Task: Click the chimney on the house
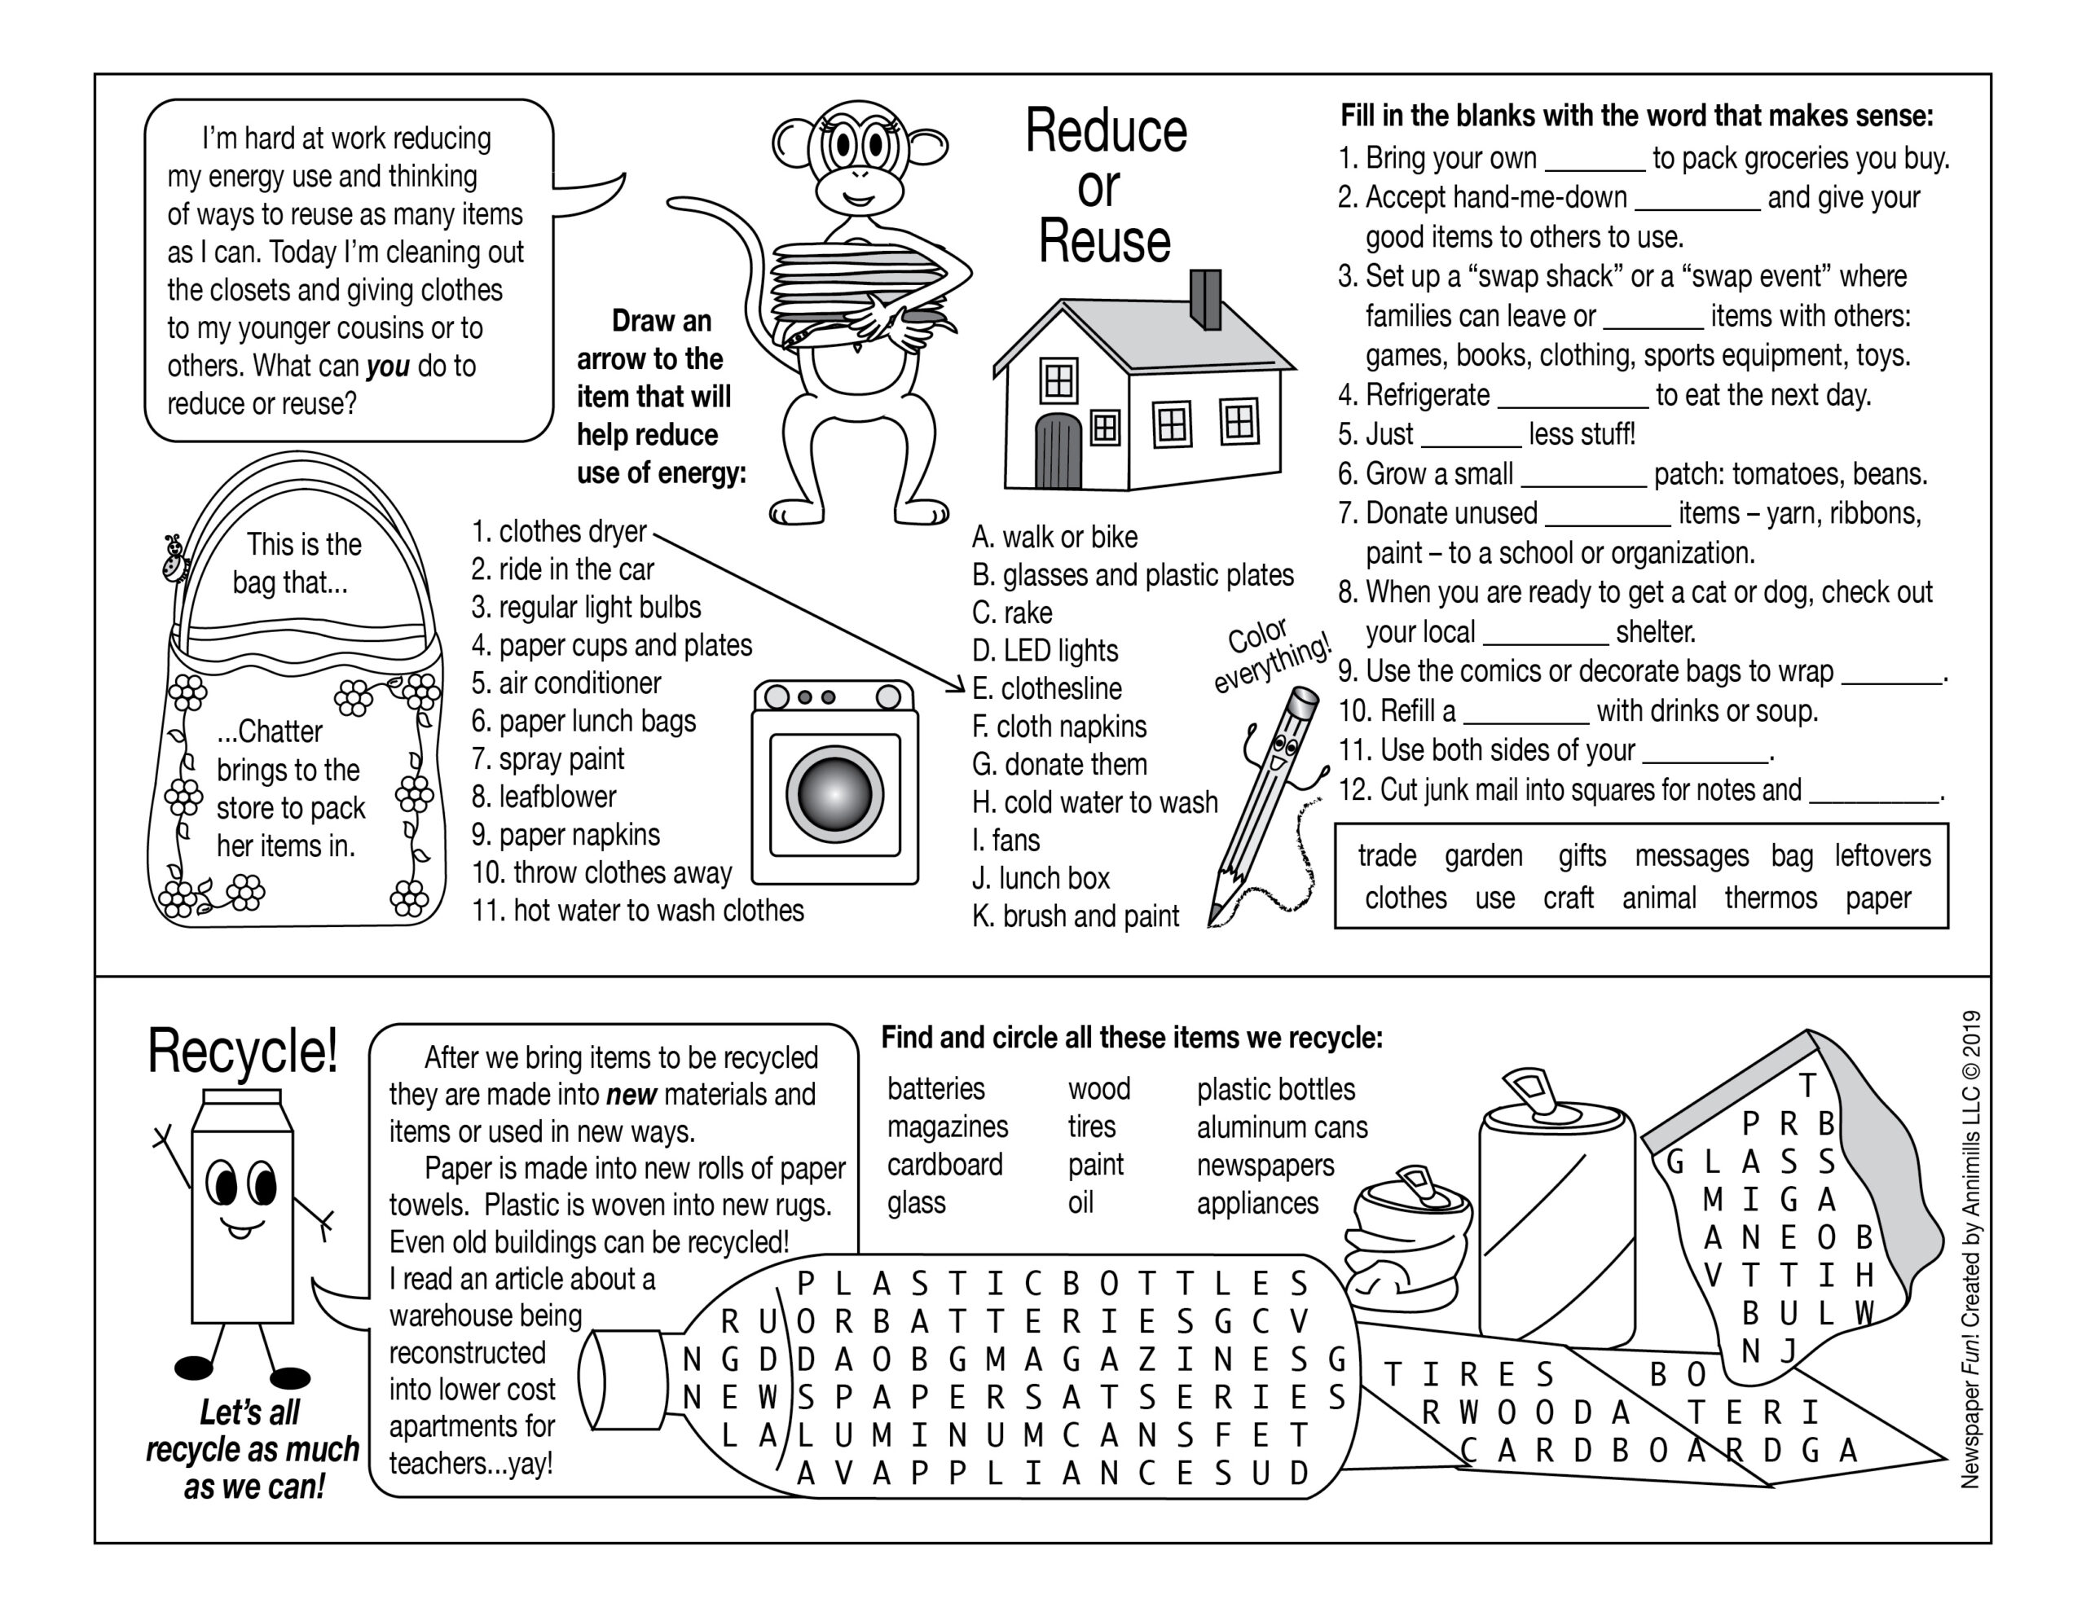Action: (x=1205, y=299)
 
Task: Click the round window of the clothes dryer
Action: (x=834, y=794)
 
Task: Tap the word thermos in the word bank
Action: (x=1770, y=898)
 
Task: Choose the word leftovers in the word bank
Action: (x=1881, y=855)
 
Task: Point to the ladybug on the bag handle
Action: (x=174, y=559)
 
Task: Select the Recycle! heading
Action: (x=243, y=1052)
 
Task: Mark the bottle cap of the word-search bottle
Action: (x=626, y=1381)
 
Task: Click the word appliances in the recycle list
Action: (x=1257, y=1203)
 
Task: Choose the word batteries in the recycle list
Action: (x=935, y=1089)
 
